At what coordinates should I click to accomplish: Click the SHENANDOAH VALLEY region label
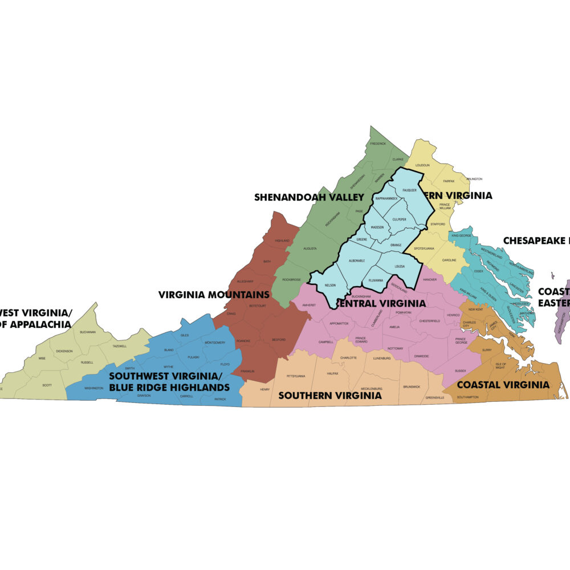[x=309, y=197]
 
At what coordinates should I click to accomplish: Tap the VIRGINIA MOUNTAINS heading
[x=214, y=295]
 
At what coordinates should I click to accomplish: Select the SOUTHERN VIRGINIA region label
[x=330, y=395]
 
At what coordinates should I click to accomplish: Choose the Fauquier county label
[x=410, y=189]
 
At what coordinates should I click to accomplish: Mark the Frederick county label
[x=378, y=144]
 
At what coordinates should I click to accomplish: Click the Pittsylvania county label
[x=296, y=376]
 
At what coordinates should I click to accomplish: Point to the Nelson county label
[x=330, y=285]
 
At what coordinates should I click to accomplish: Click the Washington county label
[x=94, y=388]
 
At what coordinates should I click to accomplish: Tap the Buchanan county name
[x=88, y=332]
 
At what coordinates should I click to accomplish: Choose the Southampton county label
[x=467, y=397]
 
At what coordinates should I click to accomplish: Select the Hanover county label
[x=430, y=279]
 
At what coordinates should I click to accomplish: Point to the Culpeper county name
[x=398, y=219]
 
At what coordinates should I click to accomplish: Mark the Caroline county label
[x=449, y=260]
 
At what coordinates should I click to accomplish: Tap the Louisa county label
[x=400, y=266]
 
